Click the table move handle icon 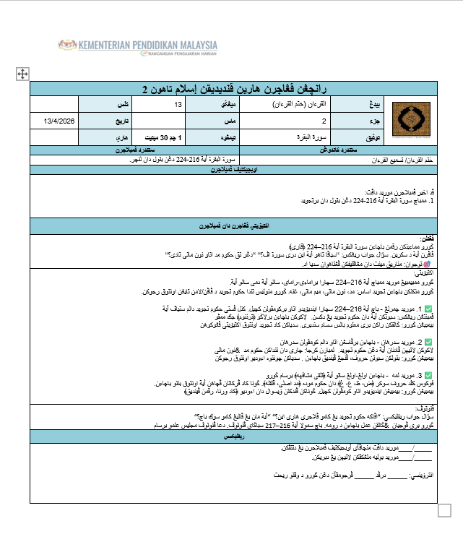click(x=22, y=74)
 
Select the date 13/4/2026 click(x=59, y=121)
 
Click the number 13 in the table click(x=178, y=106)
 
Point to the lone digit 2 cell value click(x=324, y=121)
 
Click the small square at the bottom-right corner click(x=445, y=509)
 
